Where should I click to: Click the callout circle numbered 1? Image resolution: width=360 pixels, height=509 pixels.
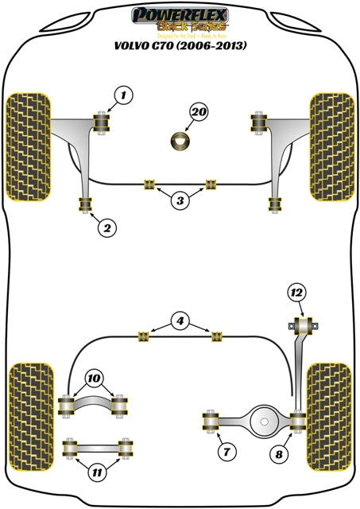click(122, 97)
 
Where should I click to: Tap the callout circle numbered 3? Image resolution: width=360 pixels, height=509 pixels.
click(180, 201)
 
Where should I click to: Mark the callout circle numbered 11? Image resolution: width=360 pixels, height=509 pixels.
click(98, 473)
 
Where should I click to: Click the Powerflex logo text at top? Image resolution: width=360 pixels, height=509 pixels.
click(180, 14)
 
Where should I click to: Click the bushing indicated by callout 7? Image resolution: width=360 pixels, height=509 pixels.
click(212, 419)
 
